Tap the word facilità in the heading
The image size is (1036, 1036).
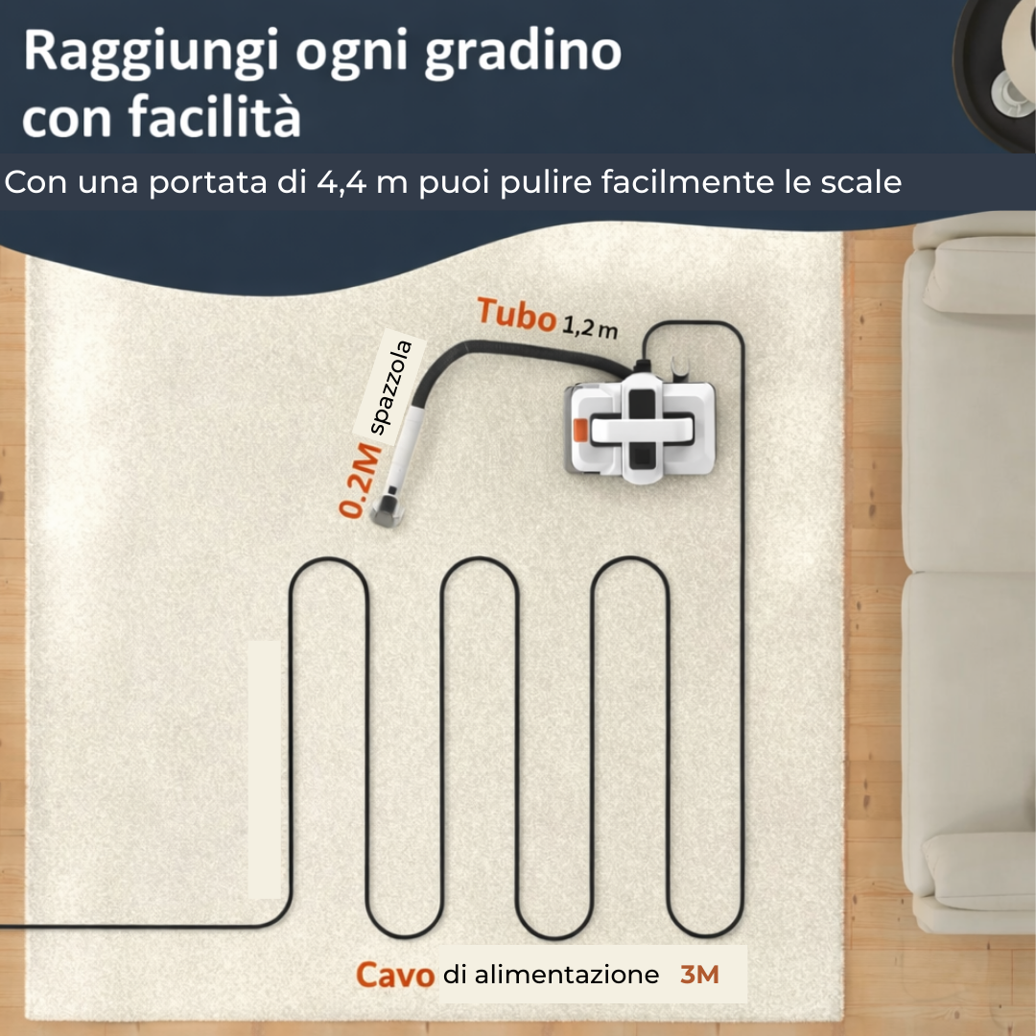click(215, 115)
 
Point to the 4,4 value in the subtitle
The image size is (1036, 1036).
click(341, 181)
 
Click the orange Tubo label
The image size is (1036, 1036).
click(517, 315)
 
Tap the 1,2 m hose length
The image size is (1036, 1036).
click(590, 326)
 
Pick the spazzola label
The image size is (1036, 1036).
click(391, 388)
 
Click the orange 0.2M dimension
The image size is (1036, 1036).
click(360, 481)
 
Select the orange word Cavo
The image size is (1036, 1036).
click(395, 976)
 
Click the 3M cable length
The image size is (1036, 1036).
click(699, 975)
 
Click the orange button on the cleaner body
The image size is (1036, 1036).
click(580, 430)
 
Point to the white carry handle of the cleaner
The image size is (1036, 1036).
click(640, 429)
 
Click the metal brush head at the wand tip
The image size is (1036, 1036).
click(387, 508)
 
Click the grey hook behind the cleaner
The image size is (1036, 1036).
click(680, 367)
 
